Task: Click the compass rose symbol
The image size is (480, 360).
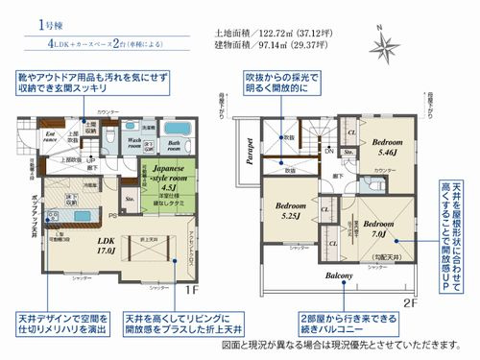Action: (386, 42)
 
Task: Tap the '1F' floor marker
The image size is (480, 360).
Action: (190, 288)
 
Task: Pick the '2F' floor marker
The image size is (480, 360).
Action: (412, 304)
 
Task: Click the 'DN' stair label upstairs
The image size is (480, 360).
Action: (329, 151)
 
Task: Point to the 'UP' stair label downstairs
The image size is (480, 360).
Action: (90, 159)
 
